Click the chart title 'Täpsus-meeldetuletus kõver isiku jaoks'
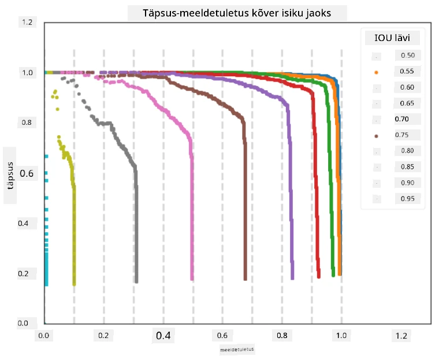pyautogui.click(x=237, y=13)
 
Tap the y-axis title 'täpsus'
pyautogui.click(x=10, y=176)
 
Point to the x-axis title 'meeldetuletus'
pyautogui.click(x=237, y=350)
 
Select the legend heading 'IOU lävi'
pyautogui.click(x=392, y=38)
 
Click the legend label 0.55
pyautogui.click(x=407, y=71)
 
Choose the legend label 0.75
pyautogui.click(x=401, y=135)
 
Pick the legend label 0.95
pyautogui.click(x=407, y=199)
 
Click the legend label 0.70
pyautogui.click(x=401, y=119)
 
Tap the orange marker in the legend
pyautogui.click(x=376, y=73)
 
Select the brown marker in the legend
pyautogui.click(x=376, y=136)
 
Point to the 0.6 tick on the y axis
pyautogui.click(x=27, y=173)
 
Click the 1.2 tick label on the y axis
pyautogui.click(x=27, y=22)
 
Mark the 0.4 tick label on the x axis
pyautogui.click(x=163, y=335)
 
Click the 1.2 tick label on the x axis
pyautogui.click(x=401, y=335)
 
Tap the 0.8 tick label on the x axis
pyautogui.click(x=282, y=335)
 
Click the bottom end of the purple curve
pyautogui.click(x=292, y=279)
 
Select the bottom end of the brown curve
pyautogui.click(x=245, y=279)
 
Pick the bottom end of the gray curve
pyautogui.click(x=136, y=281)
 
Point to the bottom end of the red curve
pyautogui.click(x=319, y=277)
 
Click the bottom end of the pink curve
pyautogui.click(x=192, y=279)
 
